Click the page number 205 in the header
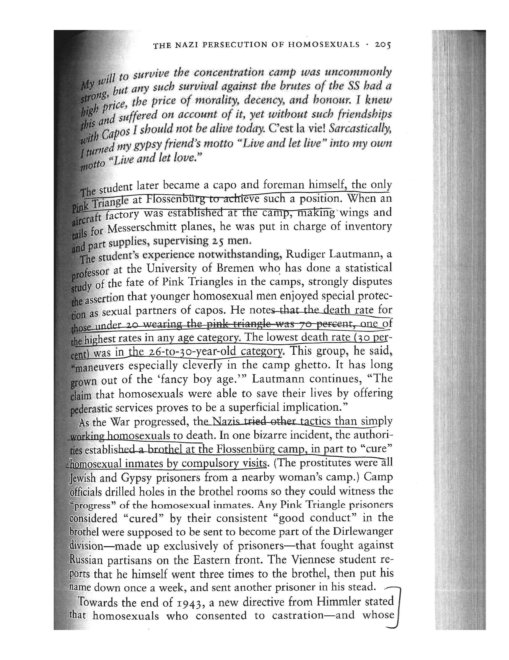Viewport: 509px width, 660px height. click(383, 45)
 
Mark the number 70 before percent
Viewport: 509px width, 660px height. click(304, 324)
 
